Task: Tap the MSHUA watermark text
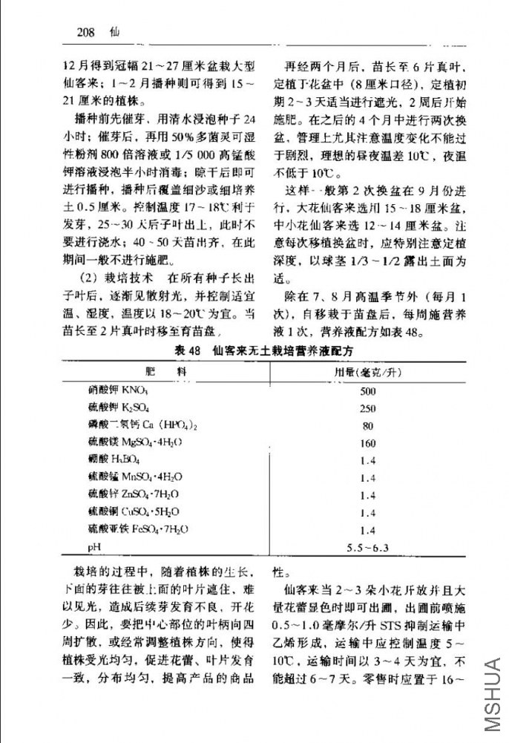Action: [492, 693]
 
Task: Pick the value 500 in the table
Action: [367, 390]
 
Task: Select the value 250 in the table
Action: [367, 408]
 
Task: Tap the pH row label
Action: [93, 548]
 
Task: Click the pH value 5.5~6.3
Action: [367, 548]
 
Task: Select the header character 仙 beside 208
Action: [114, 33]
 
